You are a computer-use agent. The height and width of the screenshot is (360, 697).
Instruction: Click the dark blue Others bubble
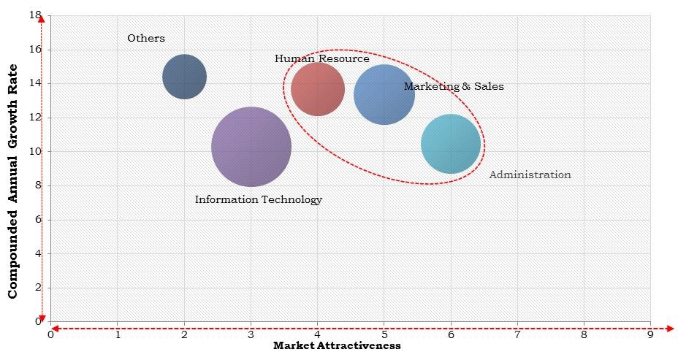pyautogui.click(x=184, y=77)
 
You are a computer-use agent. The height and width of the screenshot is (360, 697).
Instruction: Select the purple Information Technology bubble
pyautogui.click(x=251, y=147)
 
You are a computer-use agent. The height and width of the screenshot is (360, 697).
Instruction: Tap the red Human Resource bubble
pyautogui.click(x=318, y=89)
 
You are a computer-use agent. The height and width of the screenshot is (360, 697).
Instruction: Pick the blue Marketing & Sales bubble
pyautogui.click(x=384, y=94)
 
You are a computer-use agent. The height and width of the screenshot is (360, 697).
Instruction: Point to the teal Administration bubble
pyautogui.click(x=451, y=144)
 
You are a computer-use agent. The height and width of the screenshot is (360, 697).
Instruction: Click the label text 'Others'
pyautogui.click(x=146, y=38)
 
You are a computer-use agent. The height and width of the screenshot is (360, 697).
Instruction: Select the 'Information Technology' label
pyautogui.click(x=258, y=199)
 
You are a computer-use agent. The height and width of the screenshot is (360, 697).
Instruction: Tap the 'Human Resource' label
pyautogui.click(x=321, y=58)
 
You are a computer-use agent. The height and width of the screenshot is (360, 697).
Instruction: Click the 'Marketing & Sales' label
pyautogui.click(x=454, y=86)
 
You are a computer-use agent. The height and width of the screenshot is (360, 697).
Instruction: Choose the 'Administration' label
pyautogui.click(x=530, y=175)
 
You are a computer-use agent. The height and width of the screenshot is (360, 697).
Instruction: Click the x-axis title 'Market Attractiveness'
pyautogui.click(x=337, y=346)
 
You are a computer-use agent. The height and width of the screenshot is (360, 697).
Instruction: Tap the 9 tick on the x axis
pyautogui.click(x=650, y=334)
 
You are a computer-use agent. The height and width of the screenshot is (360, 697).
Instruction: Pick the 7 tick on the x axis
pyautogui.click(x=517, y=334)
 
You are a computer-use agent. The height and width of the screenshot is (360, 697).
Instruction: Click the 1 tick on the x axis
pyautogui.click(x=118, y=334)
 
